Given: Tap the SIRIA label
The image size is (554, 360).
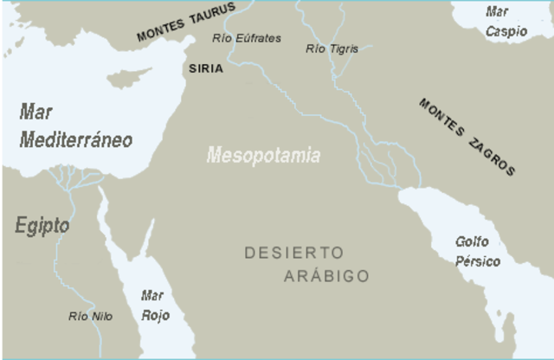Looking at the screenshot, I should (204, 67).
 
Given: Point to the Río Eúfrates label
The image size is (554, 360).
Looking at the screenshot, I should (247, 38).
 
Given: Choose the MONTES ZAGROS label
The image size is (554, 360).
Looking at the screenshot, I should (467, 136).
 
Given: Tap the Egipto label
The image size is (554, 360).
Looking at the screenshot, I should (42, 226).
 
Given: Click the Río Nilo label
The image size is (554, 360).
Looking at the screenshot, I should (90, 316).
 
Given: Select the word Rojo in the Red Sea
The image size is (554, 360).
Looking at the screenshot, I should (155, 316).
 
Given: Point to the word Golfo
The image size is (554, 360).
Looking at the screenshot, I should (472, 242).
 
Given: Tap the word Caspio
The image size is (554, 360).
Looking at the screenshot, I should (506, 31).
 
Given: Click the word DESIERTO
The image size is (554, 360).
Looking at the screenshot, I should (294, 253).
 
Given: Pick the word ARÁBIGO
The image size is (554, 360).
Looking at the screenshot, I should (326, 277).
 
